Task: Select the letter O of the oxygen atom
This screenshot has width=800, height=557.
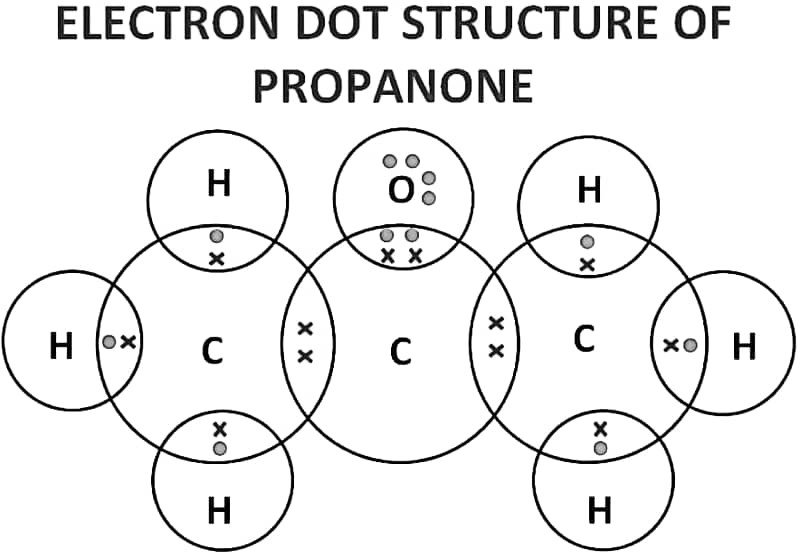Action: point(399,190)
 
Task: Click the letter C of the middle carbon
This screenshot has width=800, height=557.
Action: point(400,350)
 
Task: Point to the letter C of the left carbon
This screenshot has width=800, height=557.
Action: point(211,350)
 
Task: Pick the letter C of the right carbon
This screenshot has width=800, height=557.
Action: point(584,340)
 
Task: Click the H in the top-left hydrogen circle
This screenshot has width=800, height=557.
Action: point(218,184)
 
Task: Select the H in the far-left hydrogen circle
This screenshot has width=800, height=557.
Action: point(62,347)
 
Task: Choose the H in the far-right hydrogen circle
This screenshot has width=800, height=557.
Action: point(743,347)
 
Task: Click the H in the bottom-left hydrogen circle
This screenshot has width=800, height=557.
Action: point(219,511)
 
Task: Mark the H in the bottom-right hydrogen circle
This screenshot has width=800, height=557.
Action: point(599,512)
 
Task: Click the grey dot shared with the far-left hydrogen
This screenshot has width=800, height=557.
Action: point(109,342)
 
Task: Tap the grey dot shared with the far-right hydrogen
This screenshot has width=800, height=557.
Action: point(690,345)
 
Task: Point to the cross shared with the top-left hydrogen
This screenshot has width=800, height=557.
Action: point(216,258)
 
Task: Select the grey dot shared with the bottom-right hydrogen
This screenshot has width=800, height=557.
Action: point(600,447)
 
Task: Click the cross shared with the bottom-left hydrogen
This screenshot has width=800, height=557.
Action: point(220,428)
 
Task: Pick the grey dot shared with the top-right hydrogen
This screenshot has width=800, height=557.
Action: point(587,242)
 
